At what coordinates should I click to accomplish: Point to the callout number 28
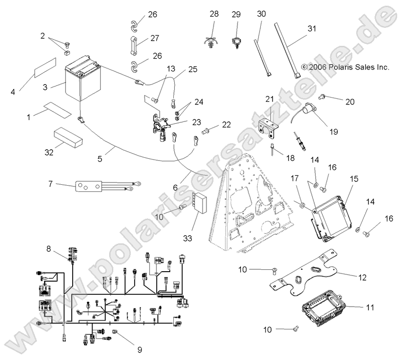click(214, 14)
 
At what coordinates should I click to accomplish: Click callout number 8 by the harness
click(48, 248)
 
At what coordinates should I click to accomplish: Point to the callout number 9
click(139, 350)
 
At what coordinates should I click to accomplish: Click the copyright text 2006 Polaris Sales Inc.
click(345, 68)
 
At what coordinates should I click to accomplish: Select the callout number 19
click(333, 132)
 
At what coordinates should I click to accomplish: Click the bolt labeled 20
click(323, 97)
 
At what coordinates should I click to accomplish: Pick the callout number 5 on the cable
click(100, 159)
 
